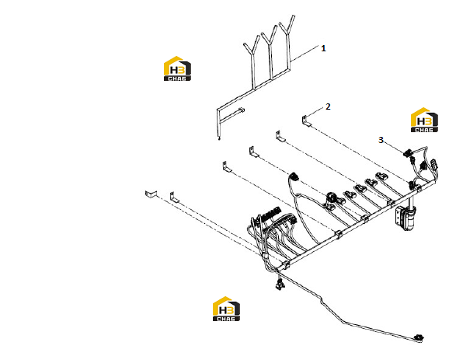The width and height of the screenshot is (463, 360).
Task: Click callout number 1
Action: click(x=323, y=48)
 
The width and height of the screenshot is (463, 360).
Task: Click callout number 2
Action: click(x=328, y=107)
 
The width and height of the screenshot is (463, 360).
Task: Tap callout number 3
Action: click(x=381, y=140)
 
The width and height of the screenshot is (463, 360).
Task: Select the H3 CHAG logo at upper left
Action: click(x=177, y=68)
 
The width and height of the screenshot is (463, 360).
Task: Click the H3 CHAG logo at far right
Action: click(x=424, y=120)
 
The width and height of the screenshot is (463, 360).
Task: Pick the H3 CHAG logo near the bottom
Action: click(x=226, y=309)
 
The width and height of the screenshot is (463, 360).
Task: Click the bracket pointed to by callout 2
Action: click(x=306, y=121)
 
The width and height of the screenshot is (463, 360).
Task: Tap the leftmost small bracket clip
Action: click(x=151, y=194)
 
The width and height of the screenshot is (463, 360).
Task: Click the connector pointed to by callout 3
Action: click(x=408, y=153)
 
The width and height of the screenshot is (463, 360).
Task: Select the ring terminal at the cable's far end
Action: click(x=419, y=337)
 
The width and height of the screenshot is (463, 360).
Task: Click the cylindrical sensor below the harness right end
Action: click(x=409, y=218)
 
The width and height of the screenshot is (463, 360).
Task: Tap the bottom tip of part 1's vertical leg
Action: click(x=219, y=138)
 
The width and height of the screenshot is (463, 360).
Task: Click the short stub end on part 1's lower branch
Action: click(x=242, y=110)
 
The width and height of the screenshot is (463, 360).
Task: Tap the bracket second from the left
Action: click(x=174, y=197)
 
